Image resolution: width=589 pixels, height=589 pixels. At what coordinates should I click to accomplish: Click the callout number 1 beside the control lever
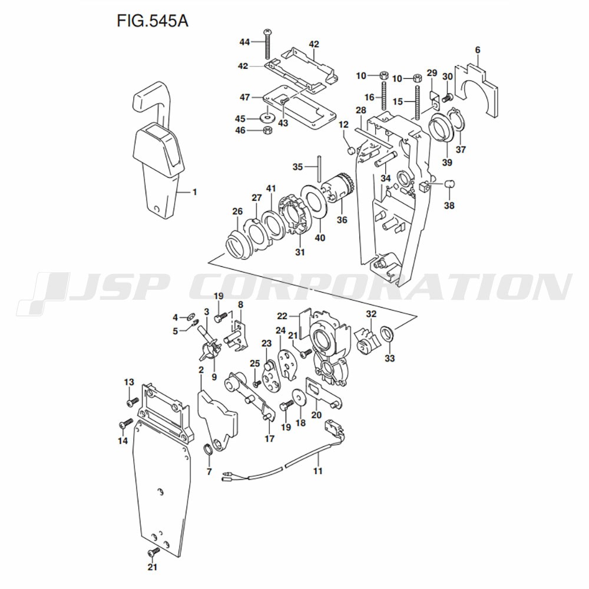pyautogui.click(x=195, y=192)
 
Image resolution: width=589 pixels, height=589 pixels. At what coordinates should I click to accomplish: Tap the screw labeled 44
pyautogui.click(x=268, y=44)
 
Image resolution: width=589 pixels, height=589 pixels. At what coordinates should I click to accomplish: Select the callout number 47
pyautogui.click(x=245, y=97)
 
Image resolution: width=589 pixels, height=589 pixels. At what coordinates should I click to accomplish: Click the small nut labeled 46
pyautogui.click(x=266, y=130)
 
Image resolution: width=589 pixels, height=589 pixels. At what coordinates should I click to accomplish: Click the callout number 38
pyautogui.click(x=449, y=206)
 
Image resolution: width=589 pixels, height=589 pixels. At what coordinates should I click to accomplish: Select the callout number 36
pyautogui.click(x=342, y=220)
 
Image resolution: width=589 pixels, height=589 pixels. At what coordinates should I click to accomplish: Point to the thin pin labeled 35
pyautogui.click(x=319, y=167)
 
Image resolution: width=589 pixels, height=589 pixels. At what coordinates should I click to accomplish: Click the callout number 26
pyautogui.click(x=237, y=211)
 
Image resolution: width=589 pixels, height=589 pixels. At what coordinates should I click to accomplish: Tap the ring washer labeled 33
pyautogui.click(x=388, y=335)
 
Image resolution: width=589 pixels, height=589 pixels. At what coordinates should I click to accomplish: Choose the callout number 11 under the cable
pyautogui.click(x=318, y=471)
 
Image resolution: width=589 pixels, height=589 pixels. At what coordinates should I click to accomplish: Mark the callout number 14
pyautogui.click(x=123, y=440)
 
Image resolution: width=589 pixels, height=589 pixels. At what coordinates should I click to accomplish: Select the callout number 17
pyautogui.click(x=269, y=438)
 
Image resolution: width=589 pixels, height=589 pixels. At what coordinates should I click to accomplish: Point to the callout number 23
pyautogui.click(x=266, y=343)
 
